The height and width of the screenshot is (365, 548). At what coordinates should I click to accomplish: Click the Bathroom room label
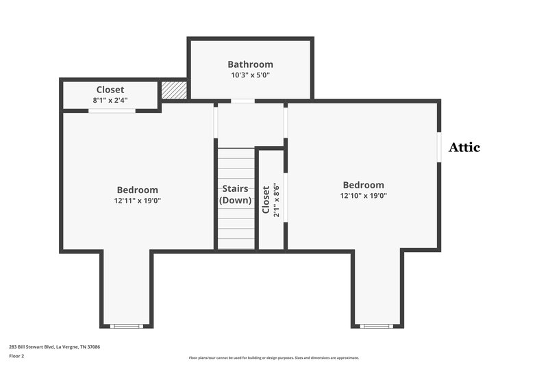(x=250, y=64)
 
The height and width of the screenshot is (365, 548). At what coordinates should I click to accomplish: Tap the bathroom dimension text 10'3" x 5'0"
(x=250, y=75)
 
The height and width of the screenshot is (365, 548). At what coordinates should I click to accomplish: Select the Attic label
(x=464, y=147)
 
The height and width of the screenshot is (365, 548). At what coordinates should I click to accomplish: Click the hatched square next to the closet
(x=174, y=90)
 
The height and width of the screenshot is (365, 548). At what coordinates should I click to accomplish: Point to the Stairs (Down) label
(x=236, y=194)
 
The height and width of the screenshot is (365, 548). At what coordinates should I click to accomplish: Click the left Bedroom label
(x=137, y=190)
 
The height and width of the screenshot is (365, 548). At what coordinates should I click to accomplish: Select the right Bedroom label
(x=363, y=185)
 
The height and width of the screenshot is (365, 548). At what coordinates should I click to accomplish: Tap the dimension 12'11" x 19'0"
(x=137, y=201)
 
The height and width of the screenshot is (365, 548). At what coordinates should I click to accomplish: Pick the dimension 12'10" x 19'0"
(x=363, y=196)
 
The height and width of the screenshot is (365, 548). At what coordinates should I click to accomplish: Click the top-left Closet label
(x=110, y=90)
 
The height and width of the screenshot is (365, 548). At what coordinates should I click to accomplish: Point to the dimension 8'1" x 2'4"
(x=110, y=100)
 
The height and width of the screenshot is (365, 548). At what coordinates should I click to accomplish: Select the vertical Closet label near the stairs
(x=266, y=199)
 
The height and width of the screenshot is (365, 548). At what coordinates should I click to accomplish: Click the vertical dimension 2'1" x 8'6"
(x=275, y=199)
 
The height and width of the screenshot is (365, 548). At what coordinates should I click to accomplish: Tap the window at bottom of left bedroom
(x=126, y=326)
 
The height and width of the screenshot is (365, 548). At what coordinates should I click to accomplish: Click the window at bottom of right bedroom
(x=376, y=326)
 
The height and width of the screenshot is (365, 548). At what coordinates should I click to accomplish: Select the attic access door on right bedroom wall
(x=439, y=147)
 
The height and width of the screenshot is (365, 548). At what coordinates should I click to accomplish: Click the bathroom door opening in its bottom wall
(x=242, y=101)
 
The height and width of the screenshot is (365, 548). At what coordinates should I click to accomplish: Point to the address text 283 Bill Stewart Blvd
(x=55, y=347)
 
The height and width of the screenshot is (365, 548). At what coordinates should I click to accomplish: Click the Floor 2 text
(x=17, y=356)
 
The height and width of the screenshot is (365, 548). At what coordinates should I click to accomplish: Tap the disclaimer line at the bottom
(x=274, y=357)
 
